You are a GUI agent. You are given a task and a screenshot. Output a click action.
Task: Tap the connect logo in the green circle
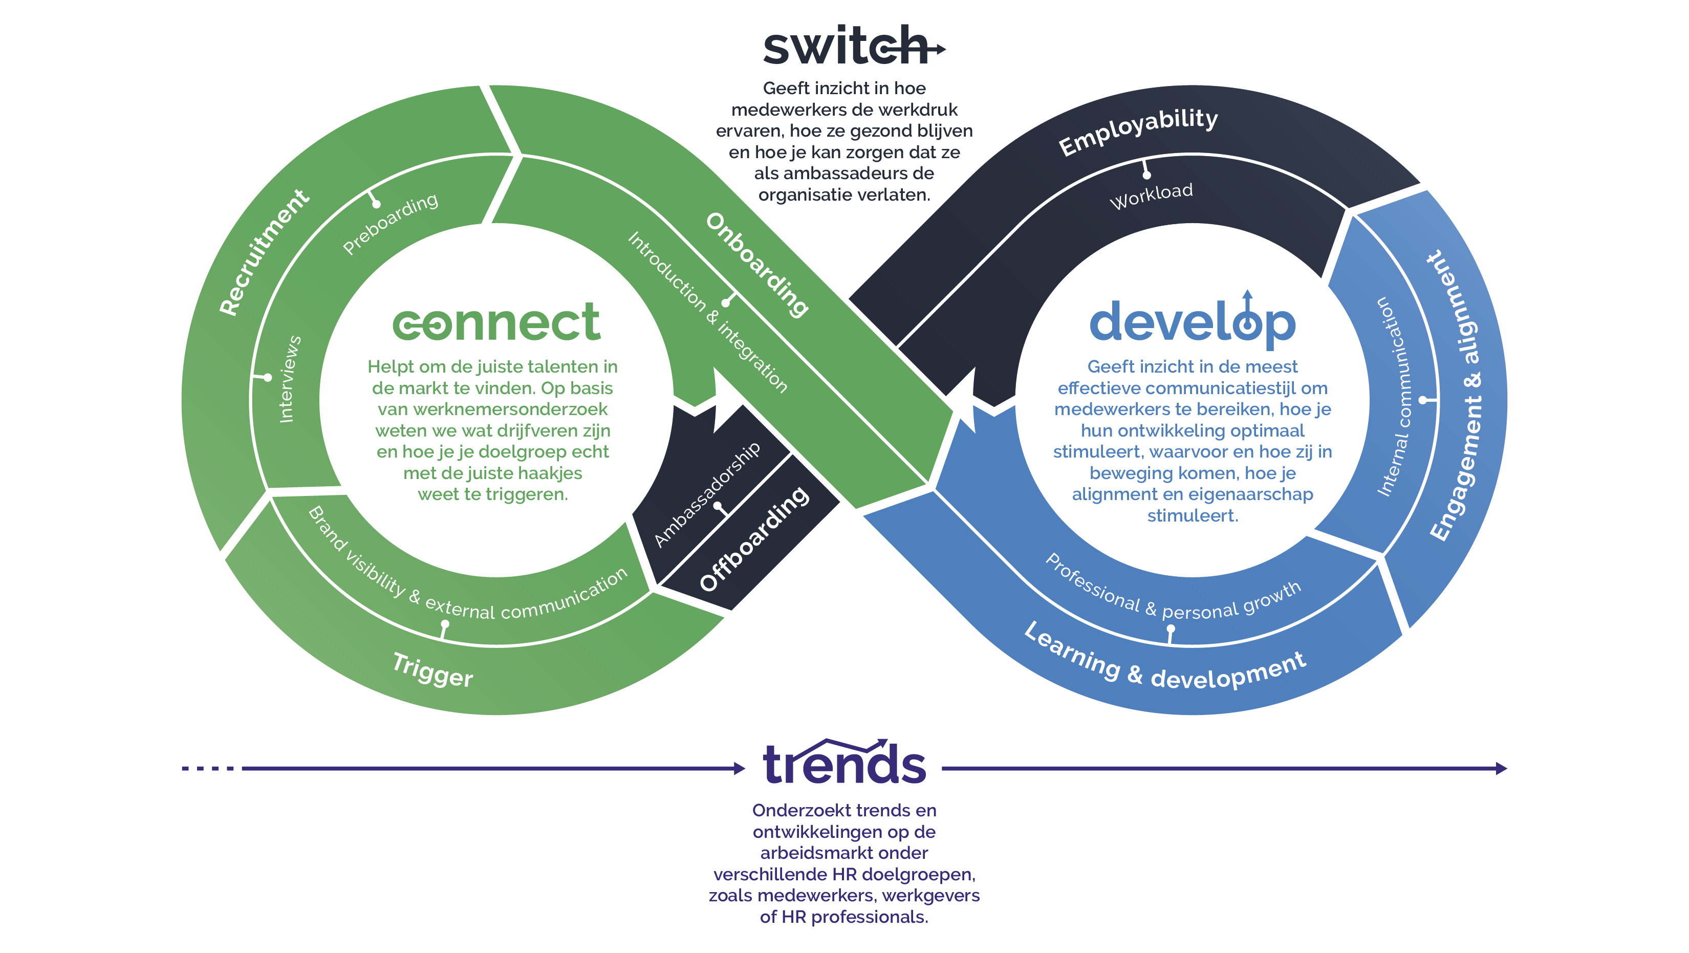click(496, 322)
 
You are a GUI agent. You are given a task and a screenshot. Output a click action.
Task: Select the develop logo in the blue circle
click(1192, 321)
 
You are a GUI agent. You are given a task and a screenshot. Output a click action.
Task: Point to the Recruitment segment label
click(264, 252)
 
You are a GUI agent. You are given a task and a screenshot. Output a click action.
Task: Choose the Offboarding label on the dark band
click(754, 539)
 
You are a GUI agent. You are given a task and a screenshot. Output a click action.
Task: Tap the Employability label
click(1138, 131)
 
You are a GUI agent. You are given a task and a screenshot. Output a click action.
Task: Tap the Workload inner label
click(1152, 196)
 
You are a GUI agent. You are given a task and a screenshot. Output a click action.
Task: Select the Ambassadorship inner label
click(707, 494)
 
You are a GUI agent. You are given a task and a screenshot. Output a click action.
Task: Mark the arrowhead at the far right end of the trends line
click(1501, 768)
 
